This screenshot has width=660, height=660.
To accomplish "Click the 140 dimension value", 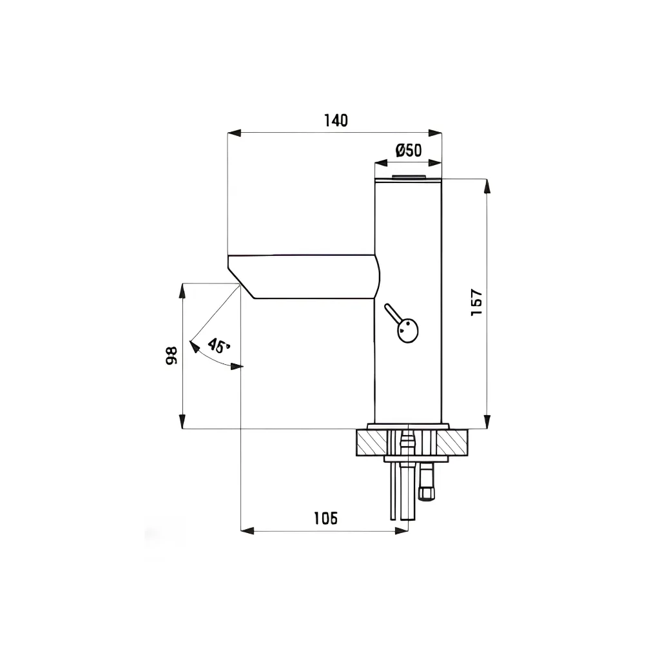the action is tap(336, 121).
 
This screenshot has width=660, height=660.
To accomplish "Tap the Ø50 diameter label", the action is tap(409, 150).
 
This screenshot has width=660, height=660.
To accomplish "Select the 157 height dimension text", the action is tap(476, 302).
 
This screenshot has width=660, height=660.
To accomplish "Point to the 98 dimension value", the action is tap(171, 355).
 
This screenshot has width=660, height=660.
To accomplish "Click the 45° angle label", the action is tap(218, 345).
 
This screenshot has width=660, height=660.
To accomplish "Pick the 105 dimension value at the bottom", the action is tap(325, 518).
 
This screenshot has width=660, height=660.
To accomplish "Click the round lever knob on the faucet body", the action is tap(407, 331).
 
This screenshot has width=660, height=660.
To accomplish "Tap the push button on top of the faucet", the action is tap(409, 177).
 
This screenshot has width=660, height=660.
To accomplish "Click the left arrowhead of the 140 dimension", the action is tap(234, 133).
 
